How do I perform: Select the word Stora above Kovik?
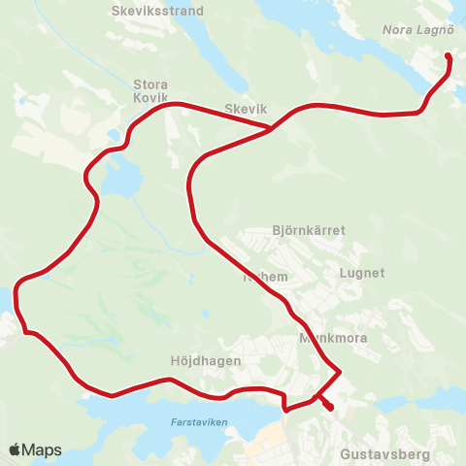click(151, 83)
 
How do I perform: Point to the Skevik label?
click(245, 110)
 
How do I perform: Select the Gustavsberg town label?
click(383, 453)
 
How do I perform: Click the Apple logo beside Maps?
click(15, 449)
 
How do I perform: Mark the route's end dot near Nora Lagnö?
click(448, 56)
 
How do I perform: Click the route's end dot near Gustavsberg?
click(330, 408)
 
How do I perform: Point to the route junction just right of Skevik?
click(271, 128)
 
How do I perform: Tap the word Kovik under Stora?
click(151, 98)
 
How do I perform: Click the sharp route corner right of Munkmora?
click(340, 371)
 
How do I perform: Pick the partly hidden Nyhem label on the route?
click(265, 278)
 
